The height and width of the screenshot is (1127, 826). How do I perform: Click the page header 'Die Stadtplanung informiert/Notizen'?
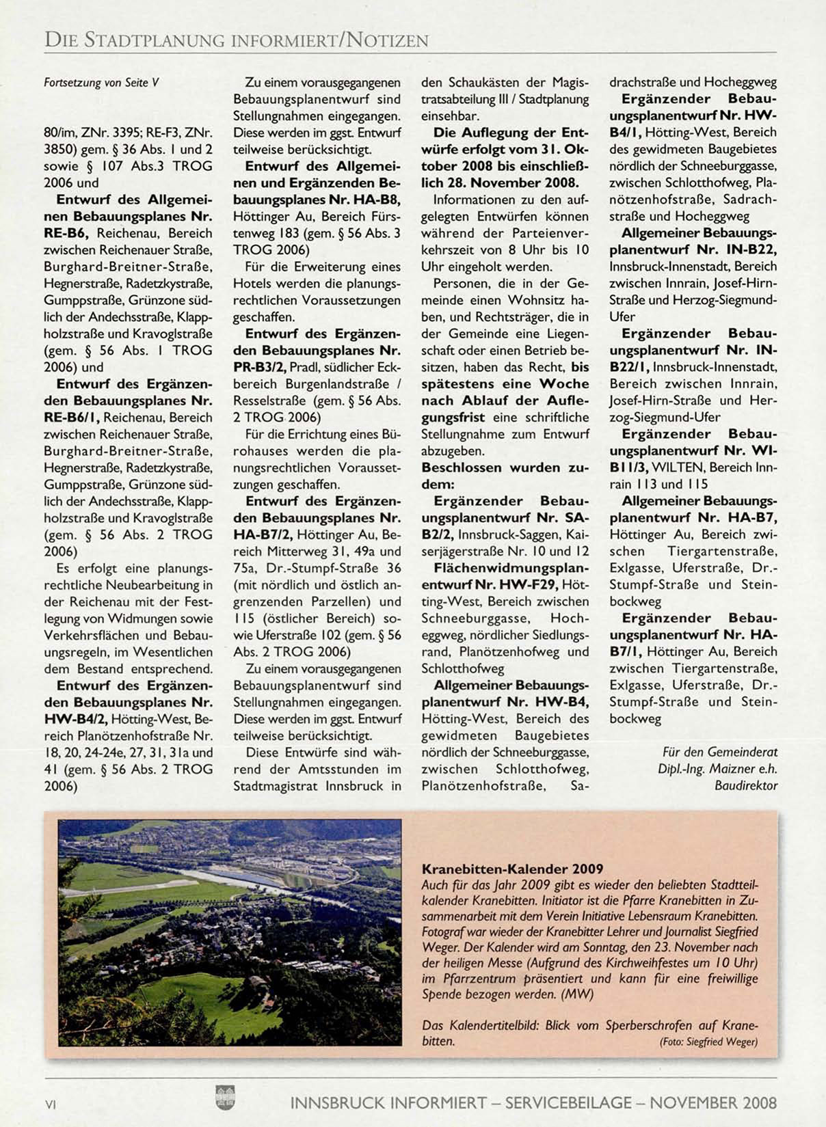click(x=236, y=40)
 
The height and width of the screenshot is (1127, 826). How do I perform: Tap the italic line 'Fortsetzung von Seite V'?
click(x=101, y=83)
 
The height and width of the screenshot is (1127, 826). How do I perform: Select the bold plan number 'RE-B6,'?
click(x=68, y=233)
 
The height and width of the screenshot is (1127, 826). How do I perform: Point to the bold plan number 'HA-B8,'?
click(x=373, y=200)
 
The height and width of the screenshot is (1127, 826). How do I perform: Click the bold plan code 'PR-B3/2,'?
click(x=259, y=367)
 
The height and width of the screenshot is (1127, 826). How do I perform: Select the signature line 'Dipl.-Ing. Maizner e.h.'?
click(x=717, y=769)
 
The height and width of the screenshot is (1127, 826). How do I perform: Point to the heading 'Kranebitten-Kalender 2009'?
click(x=513, y=869)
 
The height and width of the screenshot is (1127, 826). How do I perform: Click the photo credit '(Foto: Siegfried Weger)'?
click(x=708, y=1042)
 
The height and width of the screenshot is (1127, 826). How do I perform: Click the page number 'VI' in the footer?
click(x=50, y=1104)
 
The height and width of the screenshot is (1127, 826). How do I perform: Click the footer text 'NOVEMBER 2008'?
click(x=713, y=1102)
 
